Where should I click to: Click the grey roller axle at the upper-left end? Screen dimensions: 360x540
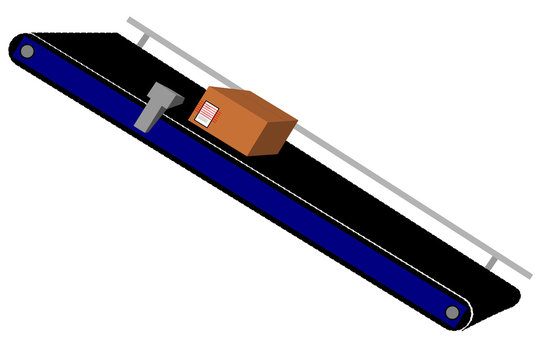click(27, 51)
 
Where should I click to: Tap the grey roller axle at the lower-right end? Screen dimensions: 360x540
click(452, 313)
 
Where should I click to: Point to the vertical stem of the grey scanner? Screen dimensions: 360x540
click(147, 116)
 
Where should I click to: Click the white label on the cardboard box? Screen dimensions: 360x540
click(207, 112)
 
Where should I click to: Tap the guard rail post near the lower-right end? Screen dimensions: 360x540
click(491, 262)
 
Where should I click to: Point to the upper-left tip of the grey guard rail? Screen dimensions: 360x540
click(130, 19)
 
